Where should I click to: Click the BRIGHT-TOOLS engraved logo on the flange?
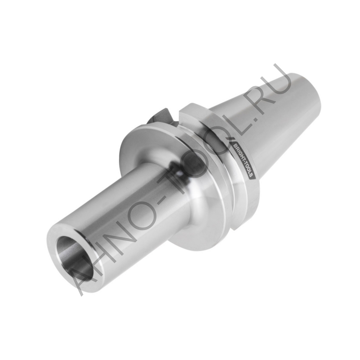tap(244, 159)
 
